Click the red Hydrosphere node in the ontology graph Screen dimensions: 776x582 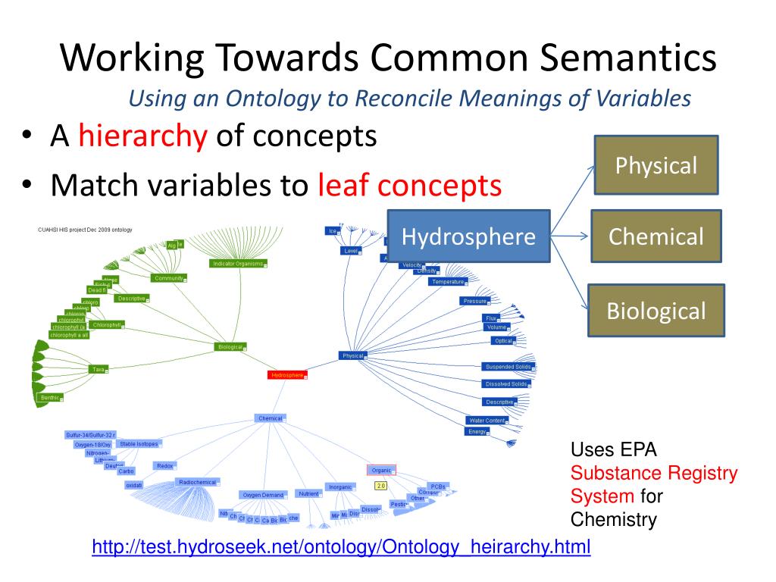tap(287, 375)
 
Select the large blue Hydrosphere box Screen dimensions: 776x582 tap(469, 236)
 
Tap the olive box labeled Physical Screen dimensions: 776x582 tap(656, 164)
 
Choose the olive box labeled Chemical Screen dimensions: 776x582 tap(656, 236)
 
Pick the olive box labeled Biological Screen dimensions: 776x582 tap(656, 310)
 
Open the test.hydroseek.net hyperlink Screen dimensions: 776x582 tap(341, 546)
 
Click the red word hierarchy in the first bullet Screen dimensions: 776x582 tap(142, 136)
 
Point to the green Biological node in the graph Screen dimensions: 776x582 tap(230, 347)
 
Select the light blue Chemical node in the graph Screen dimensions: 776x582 tap(271, 418)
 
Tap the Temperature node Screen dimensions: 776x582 tap(448, 282)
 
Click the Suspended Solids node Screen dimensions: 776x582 tap(508, 367)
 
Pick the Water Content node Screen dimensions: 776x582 tap(487, 421)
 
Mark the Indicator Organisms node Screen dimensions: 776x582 tap(238, 264)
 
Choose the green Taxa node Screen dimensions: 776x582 tap(99, 370)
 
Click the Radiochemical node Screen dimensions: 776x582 tap(196, 482)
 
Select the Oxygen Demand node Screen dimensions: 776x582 tap(263, 495)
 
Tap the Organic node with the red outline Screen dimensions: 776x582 tap(381, 470)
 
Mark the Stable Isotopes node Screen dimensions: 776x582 tap(139, 444)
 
